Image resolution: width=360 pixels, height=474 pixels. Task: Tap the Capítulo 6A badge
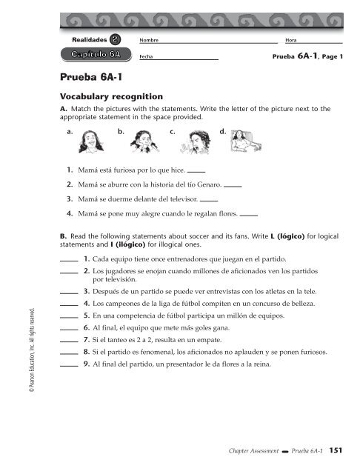click(x=96, y=54)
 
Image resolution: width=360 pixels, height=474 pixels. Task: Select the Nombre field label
click(x=150, y=39)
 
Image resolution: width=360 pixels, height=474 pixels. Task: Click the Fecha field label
click(x=146, y=56)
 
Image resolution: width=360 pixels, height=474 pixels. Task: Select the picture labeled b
click(x=141, y=141)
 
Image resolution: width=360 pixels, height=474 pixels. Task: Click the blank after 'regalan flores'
click(x=249, y=216)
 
